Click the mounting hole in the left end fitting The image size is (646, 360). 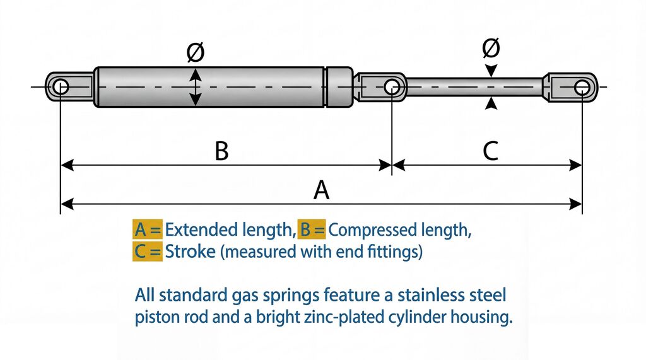(x=61, y=86)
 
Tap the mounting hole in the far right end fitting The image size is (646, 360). (x=581, y=86)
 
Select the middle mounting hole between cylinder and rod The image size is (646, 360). (x=392, y=86)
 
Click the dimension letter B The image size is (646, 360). (x=221, y=151)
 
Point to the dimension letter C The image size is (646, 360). (x=490, y=151)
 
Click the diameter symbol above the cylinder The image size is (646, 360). (x=196, y=54)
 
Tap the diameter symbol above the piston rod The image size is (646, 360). (x=491, y=48)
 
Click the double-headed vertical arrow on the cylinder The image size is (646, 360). (x=196, y=86)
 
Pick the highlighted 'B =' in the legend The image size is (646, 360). (x=312, y=229)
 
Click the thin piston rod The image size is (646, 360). (x=473, y=86)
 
